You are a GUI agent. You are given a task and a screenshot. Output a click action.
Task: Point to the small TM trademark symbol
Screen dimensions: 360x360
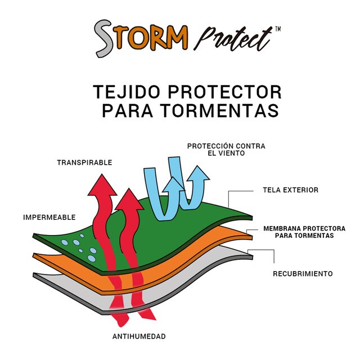(277, 29)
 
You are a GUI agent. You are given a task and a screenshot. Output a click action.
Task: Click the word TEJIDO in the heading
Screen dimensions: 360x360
(126, 92)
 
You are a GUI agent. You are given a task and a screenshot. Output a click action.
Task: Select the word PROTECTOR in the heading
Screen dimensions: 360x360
(225, 92)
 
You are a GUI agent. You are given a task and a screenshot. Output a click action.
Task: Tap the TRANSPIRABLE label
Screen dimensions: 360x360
(84, 163)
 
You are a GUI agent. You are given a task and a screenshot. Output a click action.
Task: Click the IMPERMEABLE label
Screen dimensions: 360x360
(49, 218)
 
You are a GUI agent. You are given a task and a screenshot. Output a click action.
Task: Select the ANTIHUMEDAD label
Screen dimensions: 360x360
(139, 336)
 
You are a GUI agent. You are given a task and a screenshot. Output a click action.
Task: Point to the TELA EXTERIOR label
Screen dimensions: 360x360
(291, 190)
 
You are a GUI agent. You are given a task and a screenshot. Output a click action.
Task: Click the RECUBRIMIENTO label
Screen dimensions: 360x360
(303, 274)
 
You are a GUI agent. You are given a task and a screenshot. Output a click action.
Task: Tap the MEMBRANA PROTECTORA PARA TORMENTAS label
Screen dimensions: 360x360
(304, 232)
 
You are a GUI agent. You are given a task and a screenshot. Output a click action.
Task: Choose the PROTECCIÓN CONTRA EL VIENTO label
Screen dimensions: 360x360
(226, 150)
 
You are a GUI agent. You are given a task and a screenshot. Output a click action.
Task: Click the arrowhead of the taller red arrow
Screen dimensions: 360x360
(102, 185)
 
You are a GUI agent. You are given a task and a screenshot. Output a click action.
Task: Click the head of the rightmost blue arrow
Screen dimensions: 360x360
(198, 174)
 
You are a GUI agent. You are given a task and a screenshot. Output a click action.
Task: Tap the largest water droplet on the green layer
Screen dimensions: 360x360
(91, 259)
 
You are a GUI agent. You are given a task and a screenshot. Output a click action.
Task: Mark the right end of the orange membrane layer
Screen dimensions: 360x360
(252, 237)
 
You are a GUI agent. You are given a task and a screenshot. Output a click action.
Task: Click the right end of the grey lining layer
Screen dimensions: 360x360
(252, 257)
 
